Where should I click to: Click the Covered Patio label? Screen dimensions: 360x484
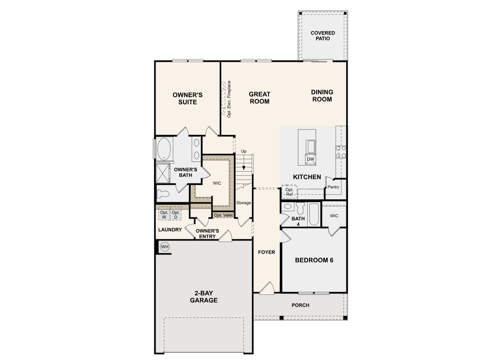[322, 36]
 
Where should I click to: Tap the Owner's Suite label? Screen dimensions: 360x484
[187, 98]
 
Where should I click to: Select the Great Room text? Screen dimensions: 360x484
[259, 98]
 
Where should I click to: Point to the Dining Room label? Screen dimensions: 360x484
[322, 95]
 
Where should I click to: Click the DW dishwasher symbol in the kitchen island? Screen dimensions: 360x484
[310, 159]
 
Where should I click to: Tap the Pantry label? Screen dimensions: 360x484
[333, 187]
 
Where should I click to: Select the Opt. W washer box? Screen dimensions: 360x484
[164, 215]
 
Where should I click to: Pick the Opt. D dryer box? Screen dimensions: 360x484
[176, 215]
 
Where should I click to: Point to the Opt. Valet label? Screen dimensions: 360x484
[223, 215]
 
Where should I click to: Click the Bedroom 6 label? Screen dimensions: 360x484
[314, 260]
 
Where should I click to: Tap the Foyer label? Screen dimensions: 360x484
[266, 252]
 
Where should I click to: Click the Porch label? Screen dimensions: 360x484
[300, 305]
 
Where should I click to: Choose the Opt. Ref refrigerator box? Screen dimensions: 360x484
[289, 192]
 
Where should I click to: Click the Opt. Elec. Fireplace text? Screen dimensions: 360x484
[229, 99]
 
